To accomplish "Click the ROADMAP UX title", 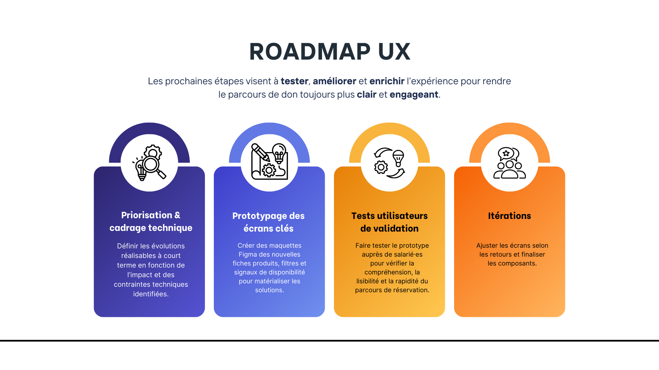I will click(329, 52).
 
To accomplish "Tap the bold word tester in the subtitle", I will click(294, 81).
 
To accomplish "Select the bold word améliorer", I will click(334, 81).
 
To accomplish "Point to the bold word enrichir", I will click(387, 81).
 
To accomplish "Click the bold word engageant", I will click(414, 95).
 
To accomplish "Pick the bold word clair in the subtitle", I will click(367, 95).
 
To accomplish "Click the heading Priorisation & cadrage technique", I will click(151, 221).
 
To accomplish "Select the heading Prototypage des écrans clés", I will click(268, 222).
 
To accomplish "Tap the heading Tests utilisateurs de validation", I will click(389, 222).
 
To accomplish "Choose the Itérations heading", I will click(509, 216).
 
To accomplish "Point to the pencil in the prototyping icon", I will click(260, 152).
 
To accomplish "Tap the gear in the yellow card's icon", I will click(381, 168).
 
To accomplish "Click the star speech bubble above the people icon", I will click(506, 153).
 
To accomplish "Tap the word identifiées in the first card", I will click(150, 294).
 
